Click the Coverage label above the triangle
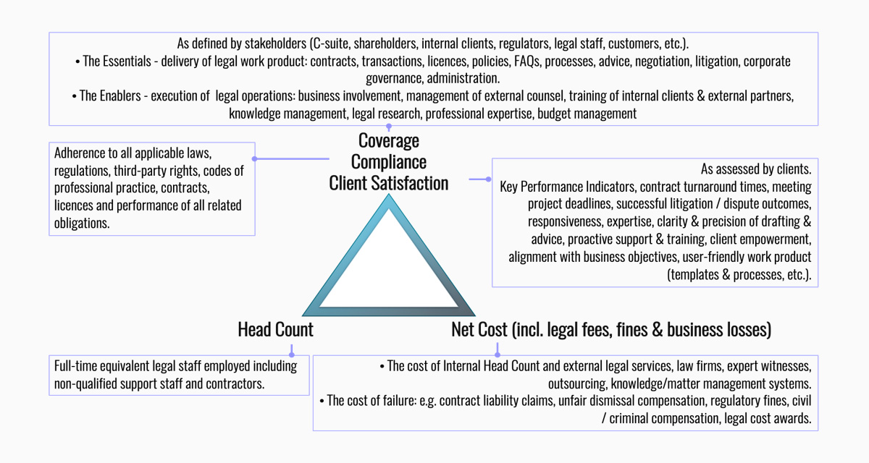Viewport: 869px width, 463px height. (x=389, y=140)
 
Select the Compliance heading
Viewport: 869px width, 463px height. (x=389, y=162)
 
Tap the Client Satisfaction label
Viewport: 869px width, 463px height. (x=389, y=184)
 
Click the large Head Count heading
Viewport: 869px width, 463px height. (x=275, y=331)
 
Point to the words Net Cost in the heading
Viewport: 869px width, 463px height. (x=479, y=331)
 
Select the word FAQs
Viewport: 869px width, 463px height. (x=523, y=61)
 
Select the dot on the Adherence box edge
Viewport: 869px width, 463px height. (x=255, y=158)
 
